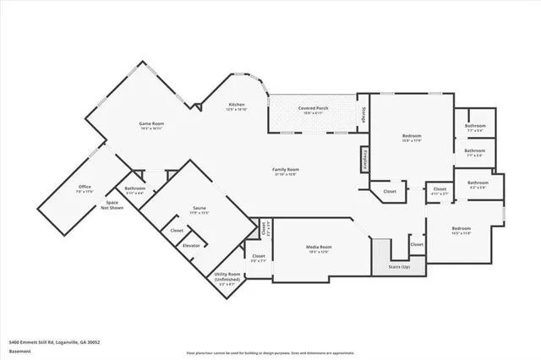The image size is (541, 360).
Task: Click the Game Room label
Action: (x=152, y=124)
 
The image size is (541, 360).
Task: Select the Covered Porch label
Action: (x=313, y=108)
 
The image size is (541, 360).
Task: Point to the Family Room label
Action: (x=286, y=170)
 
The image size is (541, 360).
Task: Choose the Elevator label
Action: (x=192, y=245)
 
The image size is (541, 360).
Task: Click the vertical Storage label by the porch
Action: (x=364, y=116)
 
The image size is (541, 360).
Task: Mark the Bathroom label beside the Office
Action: (x=135, y=188)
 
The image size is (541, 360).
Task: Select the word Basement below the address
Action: (x=19, y=351)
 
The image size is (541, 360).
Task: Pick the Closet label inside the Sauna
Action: (x=177, y=230)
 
